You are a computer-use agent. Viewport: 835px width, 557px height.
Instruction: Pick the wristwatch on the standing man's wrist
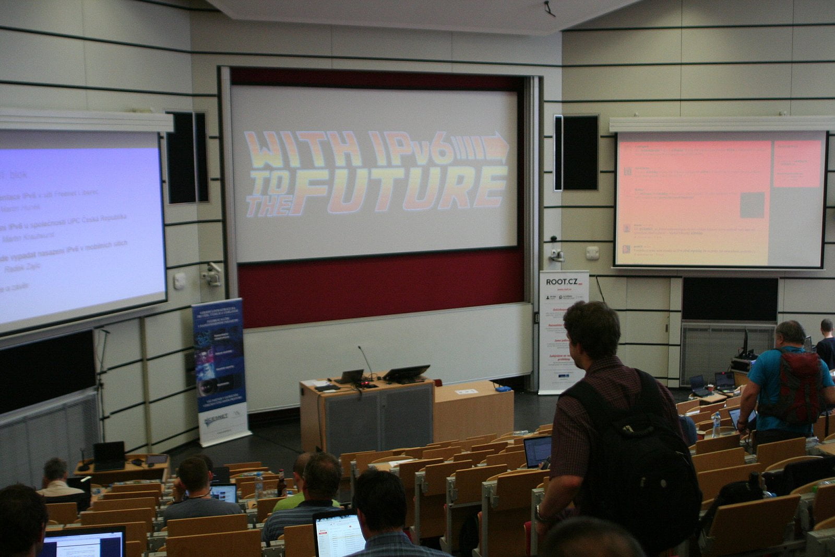click(x=539, y=516)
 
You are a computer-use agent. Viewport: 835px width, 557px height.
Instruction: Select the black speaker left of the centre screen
click(x=187, y=157)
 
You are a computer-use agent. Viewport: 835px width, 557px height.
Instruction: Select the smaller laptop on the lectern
click(x=351, y=376)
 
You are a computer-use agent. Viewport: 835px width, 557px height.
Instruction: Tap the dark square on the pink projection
click(x=752, y=205)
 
